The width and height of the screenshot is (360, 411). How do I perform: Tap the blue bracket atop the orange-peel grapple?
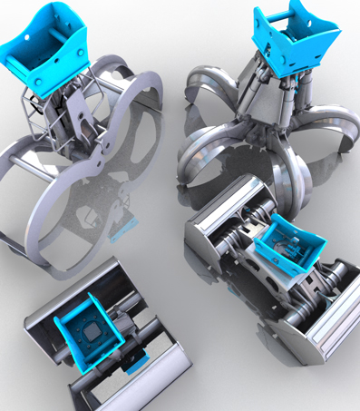click(295, 41)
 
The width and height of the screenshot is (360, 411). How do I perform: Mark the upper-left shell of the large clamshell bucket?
click(222, 218)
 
